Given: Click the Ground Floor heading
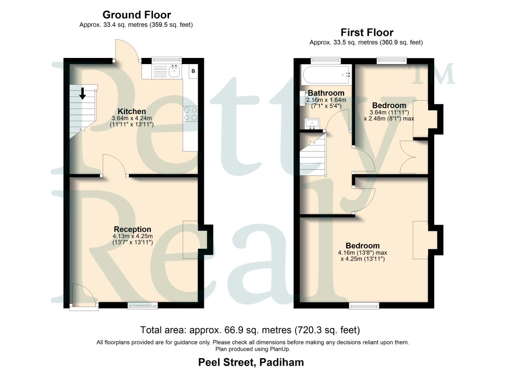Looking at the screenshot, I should point(136,15).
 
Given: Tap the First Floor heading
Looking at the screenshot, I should point(367,33).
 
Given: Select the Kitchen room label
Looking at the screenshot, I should point(132,111).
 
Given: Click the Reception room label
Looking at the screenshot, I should point(133,229).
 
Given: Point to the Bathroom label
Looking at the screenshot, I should point(326,93).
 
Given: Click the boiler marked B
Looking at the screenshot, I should point(193,71).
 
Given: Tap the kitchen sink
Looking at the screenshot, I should point(174,71).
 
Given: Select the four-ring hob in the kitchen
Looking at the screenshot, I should point(190,114).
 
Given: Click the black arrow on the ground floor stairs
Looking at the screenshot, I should point(82,93).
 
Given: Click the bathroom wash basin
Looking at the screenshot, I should point(312,123).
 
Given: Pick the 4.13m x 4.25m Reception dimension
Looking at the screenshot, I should point(133,236).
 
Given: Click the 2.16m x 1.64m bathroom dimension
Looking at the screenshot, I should point(326,100).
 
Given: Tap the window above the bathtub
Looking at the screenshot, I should point(325,61).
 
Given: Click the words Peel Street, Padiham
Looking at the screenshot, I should point(251,362).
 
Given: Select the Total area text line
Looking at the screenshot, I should point(250,330).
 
